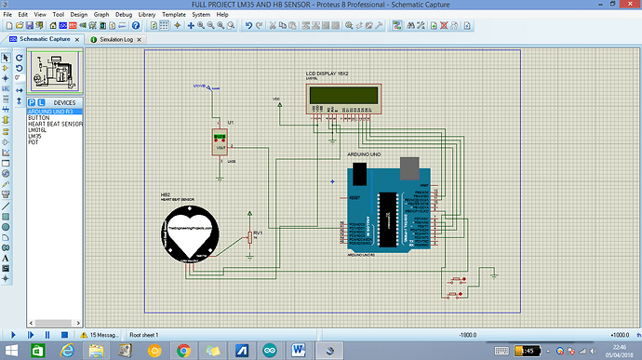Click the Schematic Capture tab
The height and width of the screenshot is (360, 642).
click(47, 40)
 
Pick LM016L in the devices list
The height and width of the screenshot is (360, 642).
click(38, 130)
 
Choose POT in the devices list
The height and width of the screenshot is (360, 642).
click(33, 143)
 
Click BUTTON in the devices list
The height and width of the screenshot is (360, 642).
click(39, 117)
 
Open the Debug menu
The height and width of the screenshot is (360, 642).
click(124, 16)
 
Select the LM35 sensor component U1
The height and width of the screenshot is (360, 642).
click(221, 144)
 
